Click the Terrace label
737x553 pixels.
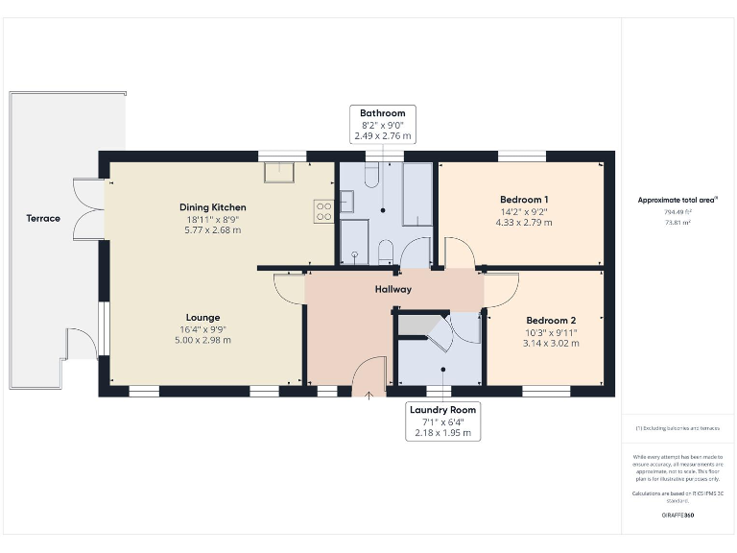point(43,218)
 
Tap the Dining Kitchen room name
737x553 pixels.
point(213,207)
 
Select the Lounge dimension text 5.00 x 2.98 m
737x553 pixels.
point(202,340)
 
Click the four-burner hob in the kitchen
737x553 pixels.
point(323,210)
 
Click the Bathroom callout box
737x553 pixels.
point(383,126)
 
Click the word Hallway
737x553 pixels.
point(393,289)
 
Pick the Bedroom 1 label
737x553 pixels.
point(524,200)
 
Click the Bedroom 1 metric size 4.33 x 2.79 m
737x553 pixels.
point(524,223)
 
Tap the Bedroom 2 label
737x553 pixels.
point(551,321)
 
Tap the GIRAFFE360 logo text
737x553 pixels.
point(678,516)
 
